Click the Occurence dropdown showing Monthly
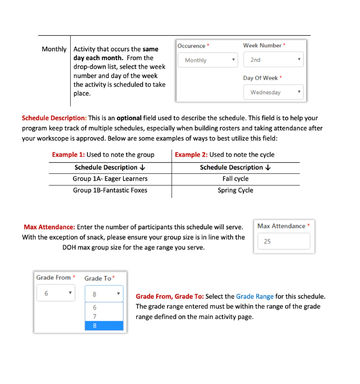(207, 60)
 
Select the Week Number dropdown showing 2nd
(273, 60)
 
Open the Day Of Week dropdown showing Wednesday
(273, 92)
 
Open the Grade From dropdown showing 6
(55, 293)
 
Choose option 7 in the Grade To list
(104, 316)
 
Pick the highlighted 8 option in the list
(104, 326)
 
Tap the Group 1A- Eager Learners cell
(110, 179)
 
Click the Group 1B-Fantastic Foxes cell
(110, 190)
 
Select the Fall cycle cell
(235, 179)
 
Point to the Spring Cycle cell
(235, 190)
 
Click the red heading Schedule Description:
(54, 118)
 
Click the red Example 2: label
(191, 155)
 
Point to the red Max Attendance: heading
(49, 226)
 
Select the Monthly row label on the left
(54, 49)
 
